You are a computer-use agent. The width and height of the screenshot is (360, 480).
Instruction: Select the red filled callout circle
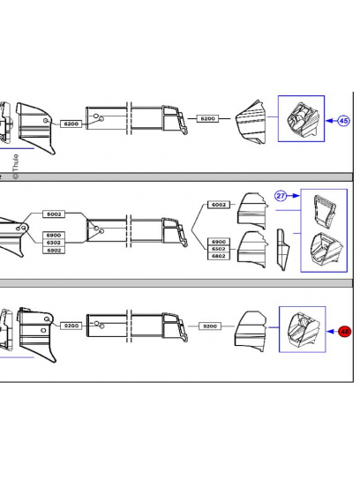pyautogui.click(x=345, y=332)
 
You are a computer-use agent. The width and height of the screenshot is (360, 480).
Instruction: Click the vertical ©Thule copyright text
pyautogui.click(x=14, y=163)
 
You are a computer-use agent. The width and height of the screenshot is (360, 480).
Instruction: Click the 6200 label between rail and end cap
pyautogui.click(x=208, y=118)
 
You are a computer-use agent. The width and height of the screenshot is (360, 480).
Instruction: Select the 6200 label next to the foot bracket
pyautogui.click(x=71, y=124)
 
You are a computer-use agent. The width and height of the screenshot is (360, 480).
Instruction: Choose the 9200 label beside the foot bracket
pyautogui.click(x=71, y=326)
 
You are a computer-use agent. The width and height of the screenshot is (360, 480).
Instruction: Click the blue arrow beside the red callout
pyautogui.click(x=330, y=332)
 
